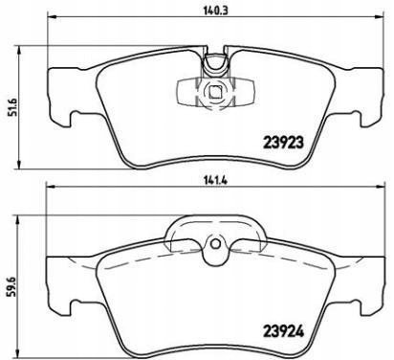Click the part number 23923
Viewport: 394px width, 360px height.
(283, 143)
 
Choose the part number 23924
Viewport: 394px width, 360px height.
(283, 331)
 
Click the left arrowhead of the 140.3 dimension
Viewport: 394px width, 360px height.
(52, 15)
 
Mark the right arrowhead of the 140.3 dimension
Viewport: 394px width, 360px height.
(380, 15)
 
